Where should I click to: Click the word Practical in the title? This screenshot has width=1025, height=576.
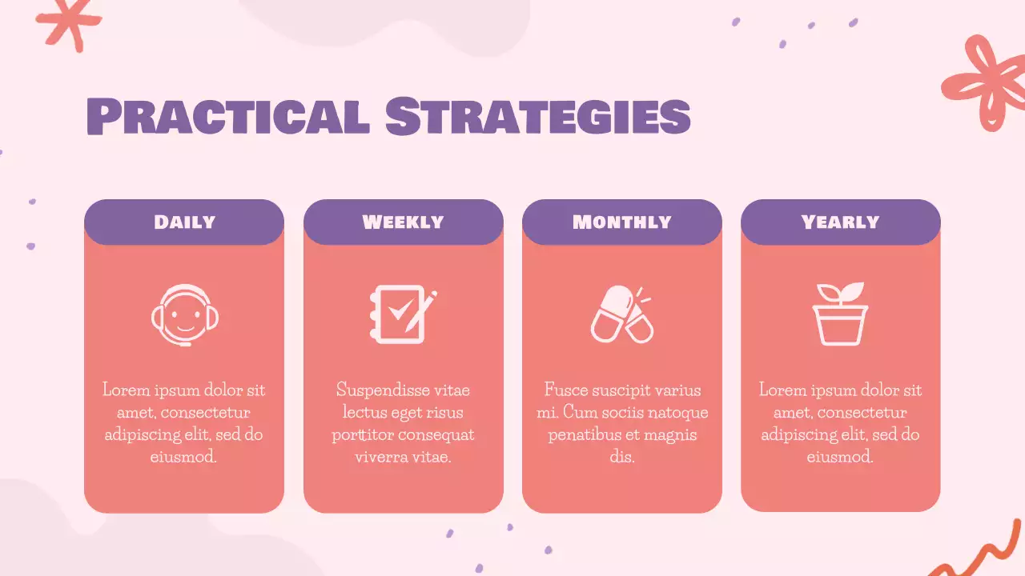point(227,117)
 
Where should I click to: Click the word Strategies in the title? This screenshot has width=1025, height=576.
point(537,117)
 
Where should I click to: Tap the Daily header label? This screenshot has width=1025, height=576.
point(184,222)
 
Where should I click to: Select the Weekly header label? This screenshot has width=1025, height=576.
point(403,222)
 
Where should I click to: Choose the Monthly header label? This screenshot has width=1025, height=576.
point(621,222)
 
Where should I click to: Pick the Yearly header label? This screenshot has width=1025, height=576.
point(840,222)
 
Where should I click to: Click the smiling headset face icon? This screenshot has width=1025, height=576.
point(185,315)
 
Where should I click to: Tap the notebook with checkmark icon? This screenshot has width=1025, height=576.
point(403,314)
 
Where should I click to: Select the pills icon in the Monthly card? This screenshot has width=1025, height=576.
point(621,314)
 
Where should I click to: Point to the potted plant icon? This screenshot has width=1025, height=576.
point(840,314)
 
